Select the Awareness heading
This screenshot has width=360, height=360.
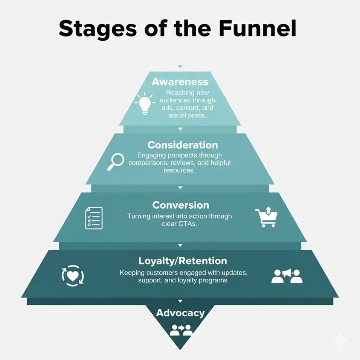[180, 82]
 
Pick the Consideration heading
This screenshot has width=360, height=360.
[183, 145]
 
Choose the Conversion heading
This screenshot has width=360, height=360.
[181, 205]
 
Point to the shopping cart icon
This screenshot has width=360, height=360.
[266, 217]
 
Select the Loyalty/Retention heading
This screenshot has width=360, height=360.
[183, 261]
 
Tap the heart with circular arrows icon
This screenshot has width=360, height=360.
[73, 275]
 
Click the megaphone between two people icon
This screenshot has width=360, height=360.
[287, 276]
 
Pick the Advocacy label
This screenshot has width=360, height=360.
[180, 313]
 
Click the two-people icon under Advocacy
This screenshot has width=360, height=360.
[181, 330]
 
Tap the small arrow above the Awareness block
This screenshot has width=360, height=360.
[180, 67]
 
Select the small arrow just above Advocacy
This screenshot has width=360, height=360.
[180, 301]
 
